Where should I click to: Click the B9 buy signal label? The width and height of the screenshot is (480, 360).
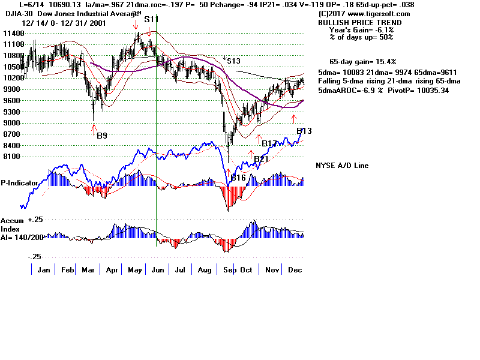tap(102, 136)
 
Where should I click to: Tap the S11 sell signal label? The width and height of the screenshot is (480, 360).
tap(151, 19)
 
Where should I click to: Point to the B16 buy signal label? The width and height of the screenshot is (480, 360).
tap(238, 178)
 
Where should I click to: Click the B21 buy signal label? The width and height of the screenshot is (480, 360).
tap(261, 159)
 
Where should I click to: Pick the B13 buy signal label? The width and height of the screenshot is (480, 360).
tap(304, 131)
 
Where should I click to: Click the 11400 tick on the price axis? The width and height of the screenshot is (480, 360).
tap(11, 32)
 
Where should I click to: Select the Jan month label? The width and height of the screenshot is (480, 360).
tap(43, 271)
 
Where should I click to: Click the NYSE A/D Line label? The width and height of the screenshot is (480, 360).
tap(342, 166)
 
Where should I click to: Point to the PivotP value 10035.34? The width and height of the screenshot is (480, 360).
tap(430, 91)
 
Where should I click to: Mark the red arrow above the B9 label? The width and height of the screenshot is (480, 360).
tap(94, 127)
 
